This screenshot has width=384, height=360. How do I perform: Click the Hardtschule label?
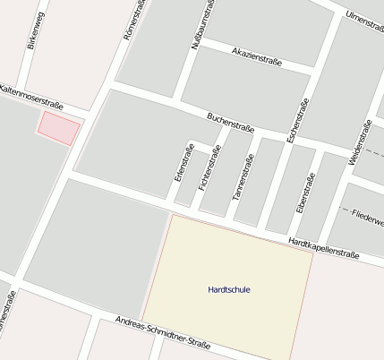(228, 289)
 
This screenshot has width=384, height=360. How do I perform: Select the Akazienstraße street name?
(257, 56)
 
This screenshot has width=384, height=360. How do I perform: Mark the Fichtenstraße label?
(209, 170)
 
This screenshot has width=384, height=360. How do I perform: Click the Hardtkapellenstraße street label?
(323, 248)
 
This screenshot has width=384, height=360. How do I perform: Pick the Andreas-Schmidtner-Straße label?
(163, 332)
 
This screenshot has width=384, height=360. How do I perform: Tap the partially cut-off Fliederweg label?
(367, 218)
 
